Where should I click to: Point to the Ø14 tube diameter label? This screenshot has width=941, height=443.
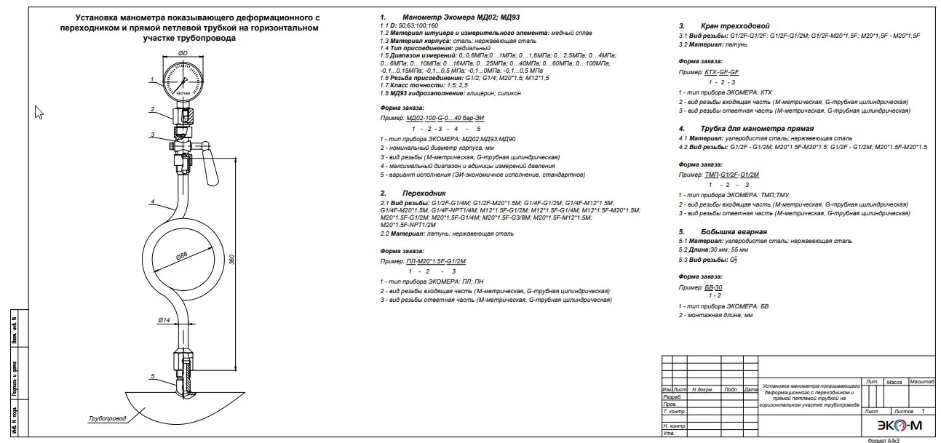164,319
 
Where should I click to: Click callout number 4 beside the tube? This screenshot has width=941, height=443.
152,201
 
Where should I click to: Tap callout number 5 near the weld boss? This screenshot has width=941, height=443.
152,376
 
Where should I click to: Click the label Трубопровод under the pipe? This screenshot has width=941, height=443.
107,418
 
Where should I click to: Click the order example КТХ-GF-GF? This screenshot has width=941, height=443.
722,73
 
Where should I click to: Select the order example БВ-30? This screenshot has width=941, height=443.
713,287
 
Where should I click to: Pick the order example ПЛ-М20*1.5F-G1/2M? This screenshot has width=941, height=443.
436,260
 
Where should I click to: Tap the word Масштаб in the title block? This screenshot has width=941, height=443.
921,381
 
